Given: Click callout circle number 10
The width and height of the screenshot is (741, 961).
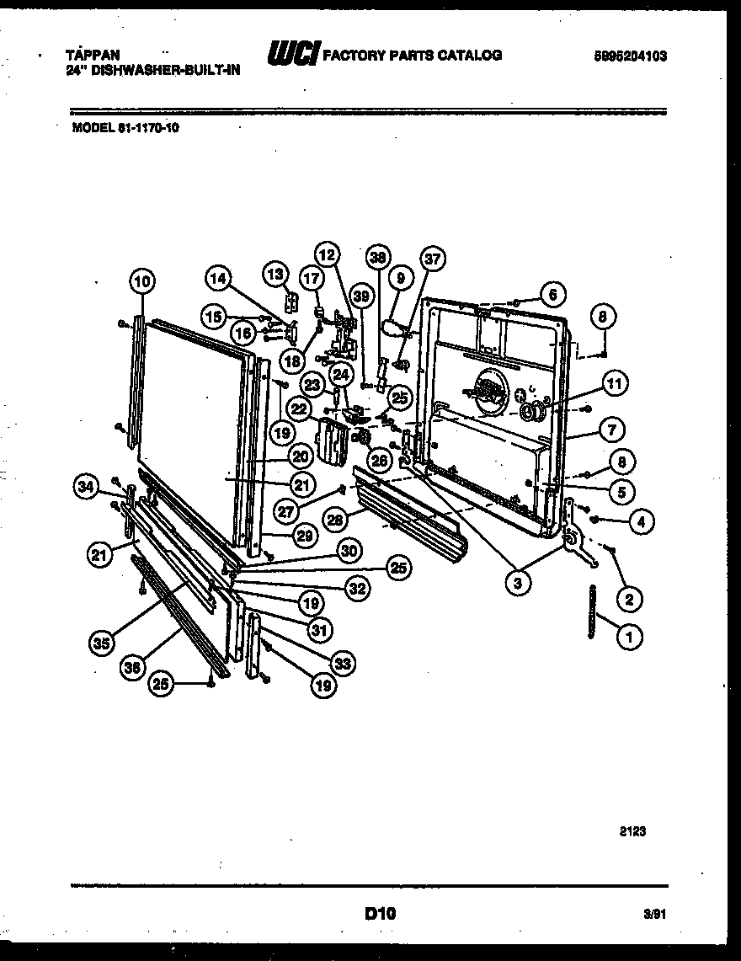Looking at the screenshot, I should [142, 281].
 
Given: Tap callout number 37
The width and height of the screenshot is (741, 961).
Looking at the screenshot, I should [434, 259].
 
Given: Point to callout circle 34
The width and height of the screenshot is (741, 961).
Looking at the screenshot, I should [85, 485].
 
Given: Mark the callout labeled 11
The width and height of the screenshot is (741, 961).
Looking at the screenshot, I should [614, 384].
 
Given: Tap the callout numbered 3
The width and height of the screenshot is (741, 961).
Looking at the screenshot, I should [517, 581].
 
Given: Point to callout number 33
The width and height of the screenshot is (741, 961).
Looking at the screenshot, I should [341, 664].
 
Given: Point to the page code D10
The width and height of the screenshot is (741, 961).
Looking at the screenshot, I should [381, 911].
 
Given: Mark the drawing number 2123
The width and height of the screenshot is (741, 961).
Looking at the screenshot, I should [633, 830].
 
